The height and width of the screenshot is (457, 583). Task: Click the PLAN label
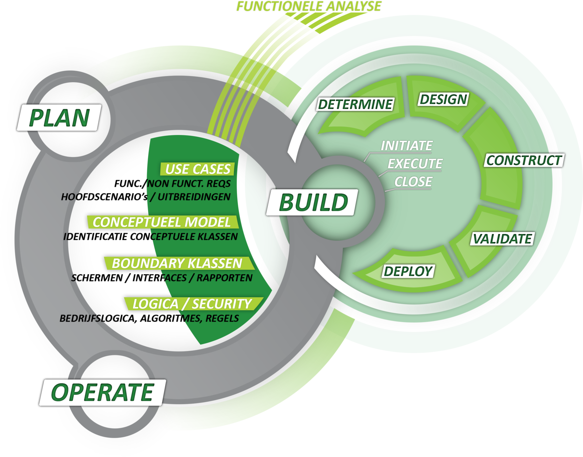59,118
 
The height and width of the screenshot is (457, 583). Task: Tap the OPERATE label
102,393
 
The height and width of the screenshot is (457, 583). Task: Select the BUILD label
313,202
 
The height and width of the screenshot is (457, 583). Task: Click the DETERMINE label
355,104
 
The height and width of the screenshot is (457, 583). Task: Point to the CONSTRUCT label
524,160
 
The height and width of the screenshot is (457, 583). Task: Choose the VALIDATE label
502,239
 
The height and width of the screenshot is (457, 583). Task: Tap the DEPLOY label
408,271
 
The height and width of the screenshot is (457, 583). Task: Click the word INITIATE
407,146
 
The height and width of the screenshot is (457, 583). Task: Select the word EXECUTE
415,164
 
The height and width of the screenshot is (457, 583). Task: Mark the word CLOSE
413,182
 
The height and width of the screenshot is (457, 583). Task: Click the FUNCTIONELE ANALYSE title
308,6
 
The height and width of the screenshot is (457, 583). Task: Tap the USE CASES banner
198,169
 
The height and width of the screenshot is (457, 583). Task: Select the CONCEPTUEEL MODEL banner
162,222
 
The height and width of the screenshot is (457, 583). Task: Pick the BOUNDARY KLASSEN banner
177,263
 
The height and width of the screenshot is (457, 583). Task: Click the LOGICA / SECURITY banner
192,304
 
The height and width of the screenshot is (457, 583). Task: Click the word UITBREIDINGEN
194,197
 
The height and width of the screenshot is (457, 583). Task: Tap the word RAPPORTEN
224,278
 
